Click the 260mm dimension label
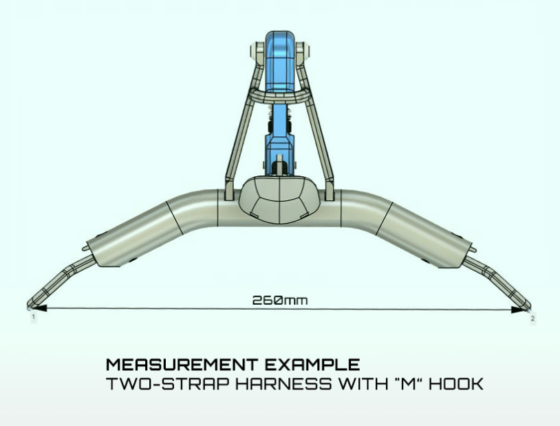click(x=279, y=300)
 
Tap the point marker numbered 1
click(x=34, y=317)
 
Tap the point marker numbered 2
click(x=532, y=319)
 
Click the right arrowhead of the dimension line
click(x=519, y=310)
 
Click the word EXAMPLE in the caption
click(x=312, y=365)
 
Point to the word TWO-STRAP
click(x=167, y=384)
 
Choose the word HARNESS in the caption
click(x=283, y=384)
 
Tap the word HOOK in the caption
click(x=456, y=384)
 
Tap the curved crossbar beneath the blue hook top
click(x=279, y=95)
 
